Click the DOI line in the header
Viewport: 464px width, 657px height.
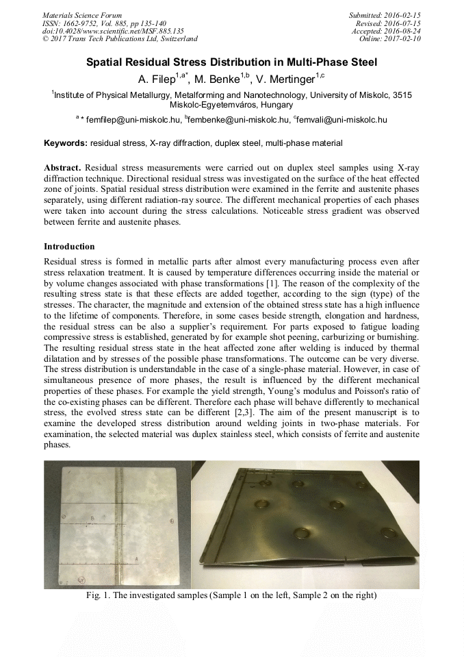point(113,31)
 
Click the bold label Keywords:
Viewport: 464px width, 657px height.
point(66,144)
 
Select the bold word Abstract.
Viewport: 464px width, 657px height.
point(62,168)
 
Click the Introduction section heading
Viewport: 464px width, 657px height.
point(69,246)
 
